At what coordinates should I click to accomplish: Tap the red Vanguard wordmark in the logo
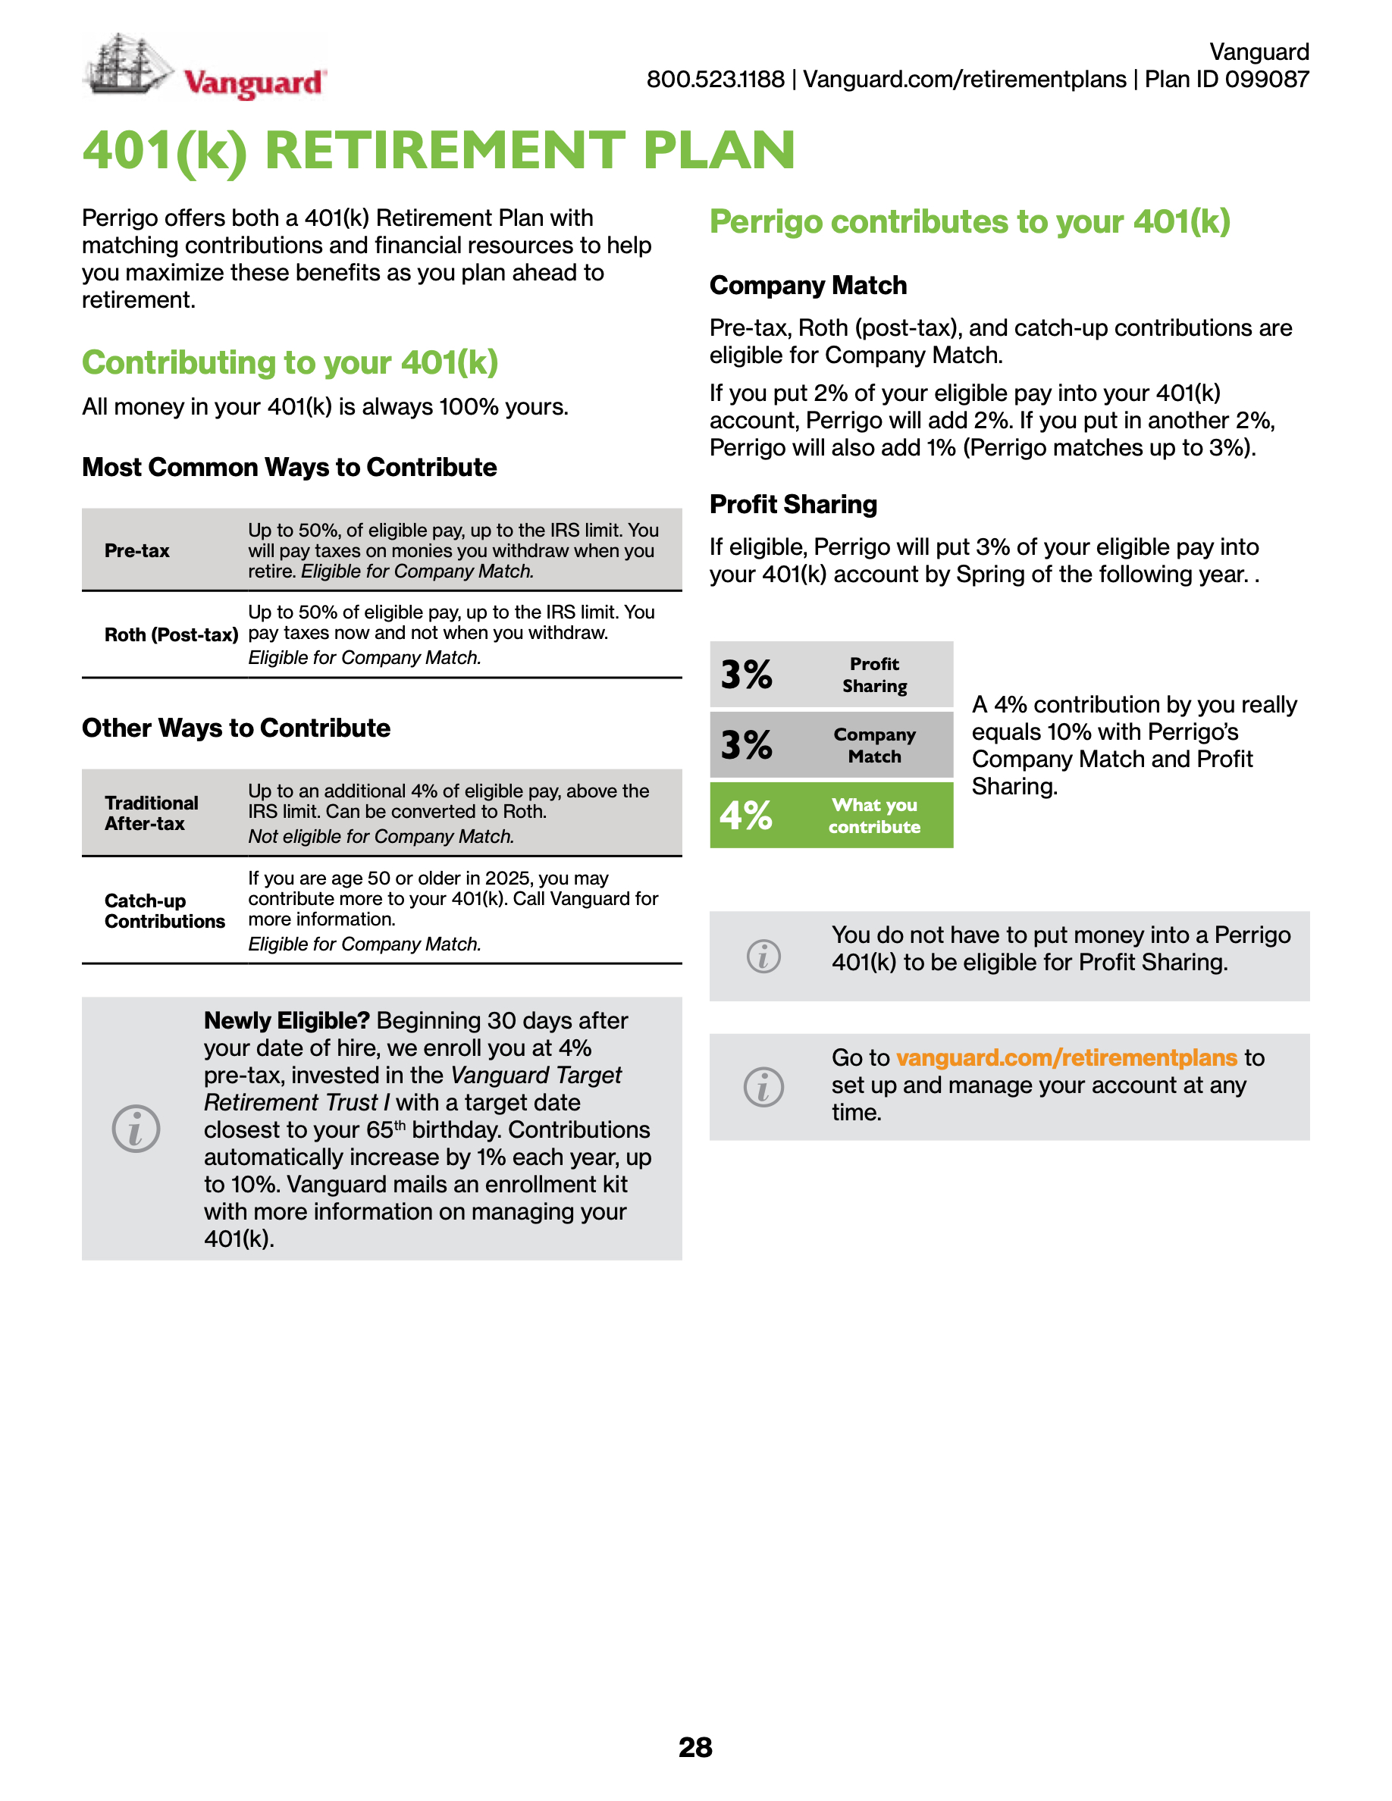tap(254, 83)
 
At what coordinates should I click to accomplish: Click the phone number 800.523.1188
tap(715, 79)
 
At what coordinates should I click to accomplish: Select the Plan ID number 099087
tap(1267, 79)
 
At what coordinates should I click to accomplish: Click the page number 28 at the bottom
tap(695, 1746)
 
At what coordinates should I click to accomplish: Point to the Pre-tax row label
tap(137, 551)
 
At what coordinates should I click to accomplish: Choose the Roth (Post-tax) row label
tap(171, 635)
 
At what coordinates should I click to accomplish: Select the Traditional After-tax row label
tap(151, 813)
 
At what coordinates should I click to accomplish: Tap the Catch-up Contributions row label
tap(164, 911)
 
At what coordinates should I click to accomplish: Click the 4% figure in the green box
tap(745, 816)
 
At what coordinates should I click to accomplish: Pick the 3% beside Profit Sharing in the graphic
tap(745, 675)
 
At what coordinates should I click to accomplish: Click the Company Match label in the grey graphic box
tap(874, 745)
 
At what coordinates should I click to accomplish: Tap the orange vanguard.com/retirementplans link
tap(1066, 1058)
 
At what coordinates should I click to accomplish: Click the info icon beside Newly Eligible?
tap(136, 1129)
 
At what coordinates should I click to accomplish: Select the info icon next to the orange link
tap(763, 1087)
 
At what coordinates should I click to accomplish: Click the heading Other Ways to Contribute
tap(236, 728)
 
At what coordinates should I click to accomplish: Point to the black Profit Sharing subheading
tap(793, 505)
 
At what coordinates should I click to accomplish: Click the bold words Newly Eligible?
tap(286, 1021)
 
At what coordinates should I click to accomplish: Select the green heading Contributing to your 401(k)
tap(290, 363)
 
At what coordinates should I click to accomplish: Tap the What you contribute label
tap(874, 816)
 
